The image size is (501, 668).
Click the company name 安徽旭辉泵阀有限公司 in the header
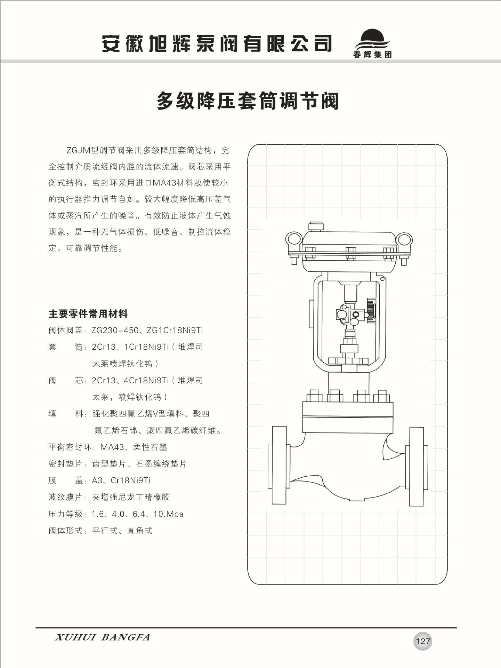217,44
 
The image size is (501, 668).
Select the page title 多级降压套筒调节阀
248,101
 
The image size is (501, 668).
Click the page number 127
423,641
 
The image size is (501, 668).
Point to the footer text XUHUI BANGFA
102,637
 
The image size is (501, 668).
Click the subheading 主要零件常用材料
88,314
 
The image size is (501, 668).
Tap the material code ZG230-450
115,330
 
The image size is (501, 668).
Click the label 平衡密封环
70,447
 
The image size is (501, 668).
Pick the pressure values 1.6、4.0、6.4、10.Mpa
138,514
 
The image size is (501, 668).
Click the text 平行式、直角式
122,531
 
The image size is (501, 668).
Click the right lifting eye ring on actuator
404,240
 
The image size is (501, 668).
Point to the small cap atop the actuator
316,226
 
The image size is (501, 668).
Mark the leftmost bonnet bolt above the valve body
314,396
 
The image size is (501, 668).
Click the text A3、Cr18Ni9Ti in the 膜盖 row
121,480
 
